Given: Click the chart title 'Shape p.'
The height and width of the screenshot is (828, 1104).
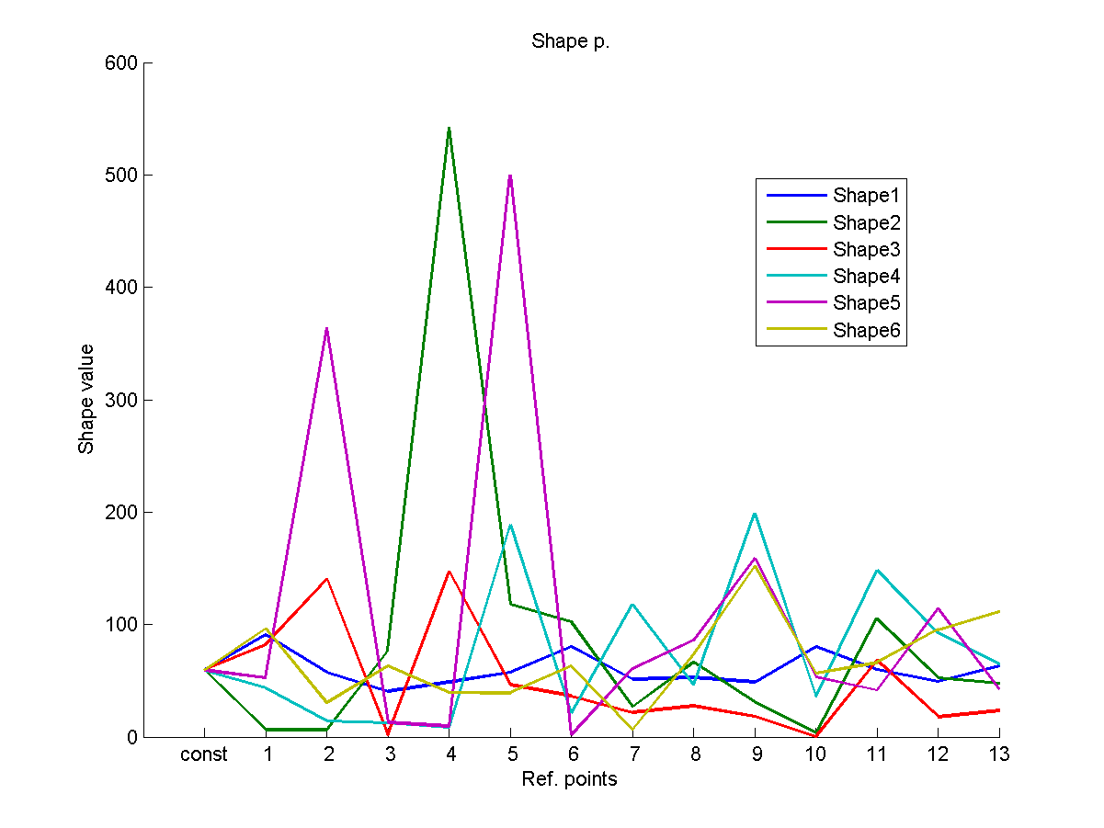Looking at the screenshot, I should (x=570, y=42).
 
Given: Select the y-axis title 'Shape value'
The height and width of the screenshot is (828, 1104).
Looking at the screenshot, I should (x=86, y=399).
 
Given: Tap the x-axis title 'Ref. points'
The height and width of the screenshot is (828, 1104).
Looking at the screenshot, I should (x=569, y=780).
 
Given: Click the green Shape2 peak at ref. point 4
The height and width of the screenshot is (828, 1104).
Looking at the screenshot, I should (x=449, y=128).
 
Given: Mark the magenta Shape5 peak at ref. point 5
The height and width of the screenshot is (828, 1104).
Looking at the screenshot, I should (x=510, y=175).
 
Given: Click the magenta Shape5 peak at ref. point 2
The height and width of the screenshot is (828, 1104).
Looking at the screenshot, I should (x=326, y=328).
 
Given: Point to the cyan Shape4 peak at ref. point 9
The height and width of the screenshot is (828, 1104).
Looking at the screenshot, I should (x=755, y=513).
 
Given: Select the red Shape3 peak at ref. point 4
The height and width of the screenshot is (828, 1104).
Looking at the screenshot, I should (x=449, y=572).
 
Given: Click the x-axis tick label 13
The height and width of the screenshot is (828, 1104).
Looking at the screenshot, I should (x=999, y=755).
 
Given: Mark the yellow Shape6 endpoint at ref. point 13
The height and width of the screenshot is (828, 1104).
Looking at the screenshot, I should (x=998, y=611).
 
